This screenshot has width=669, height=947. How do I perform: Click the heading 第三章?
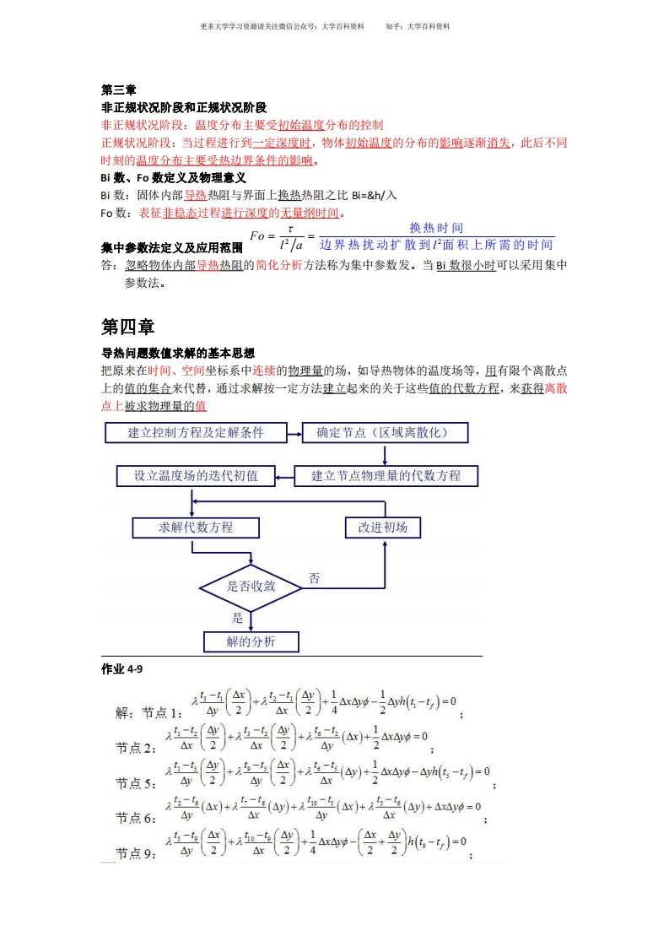(x=118, y=90)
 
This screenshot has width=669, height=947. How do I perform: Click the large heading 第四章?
(x=127, y=327)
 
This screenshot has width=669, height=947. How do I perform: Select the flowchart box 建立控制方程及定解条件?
(x=195, y=433)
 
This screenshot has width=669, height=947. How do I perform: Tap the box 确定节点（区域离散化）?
(x=386, y=433)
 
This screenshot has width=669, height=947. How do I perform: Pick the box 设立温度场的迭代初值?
(x=196, y=476)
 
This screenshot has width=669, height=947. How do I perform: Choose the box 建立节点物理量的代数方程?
(x=386, y=476)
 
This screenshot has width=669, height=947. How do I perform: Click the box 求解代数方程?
(x=196, y=528)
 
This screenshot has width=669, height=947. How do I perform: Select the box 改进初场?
(x=382, y=528)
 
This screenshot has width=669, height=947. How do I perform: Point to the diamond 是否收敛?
(x=251, y=586)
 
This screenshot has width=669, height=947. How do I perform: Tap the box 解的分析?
(x=251, y=642)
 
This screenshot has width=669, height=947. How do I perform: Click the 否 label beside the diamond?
(x=315, y=578)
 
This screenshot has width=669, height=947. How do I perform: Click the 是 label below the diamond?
(x=237, y=618)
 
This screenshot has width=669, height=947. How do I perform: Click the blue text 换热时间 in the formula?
(x=436, y=228)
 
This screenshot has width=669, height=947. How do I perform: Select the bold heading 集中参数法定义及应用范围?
(x=172, y=248)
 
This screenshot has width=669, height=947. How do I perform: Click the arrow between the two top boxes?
(x=294, y=433)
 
